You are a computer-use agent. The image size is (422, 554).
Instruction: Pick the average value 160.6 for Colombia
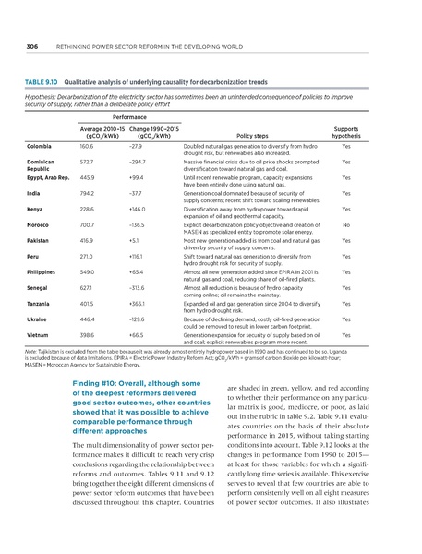tap(89, 147)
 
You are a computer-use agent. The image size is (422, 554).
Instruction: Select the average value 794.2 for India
tap(90, 193)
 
